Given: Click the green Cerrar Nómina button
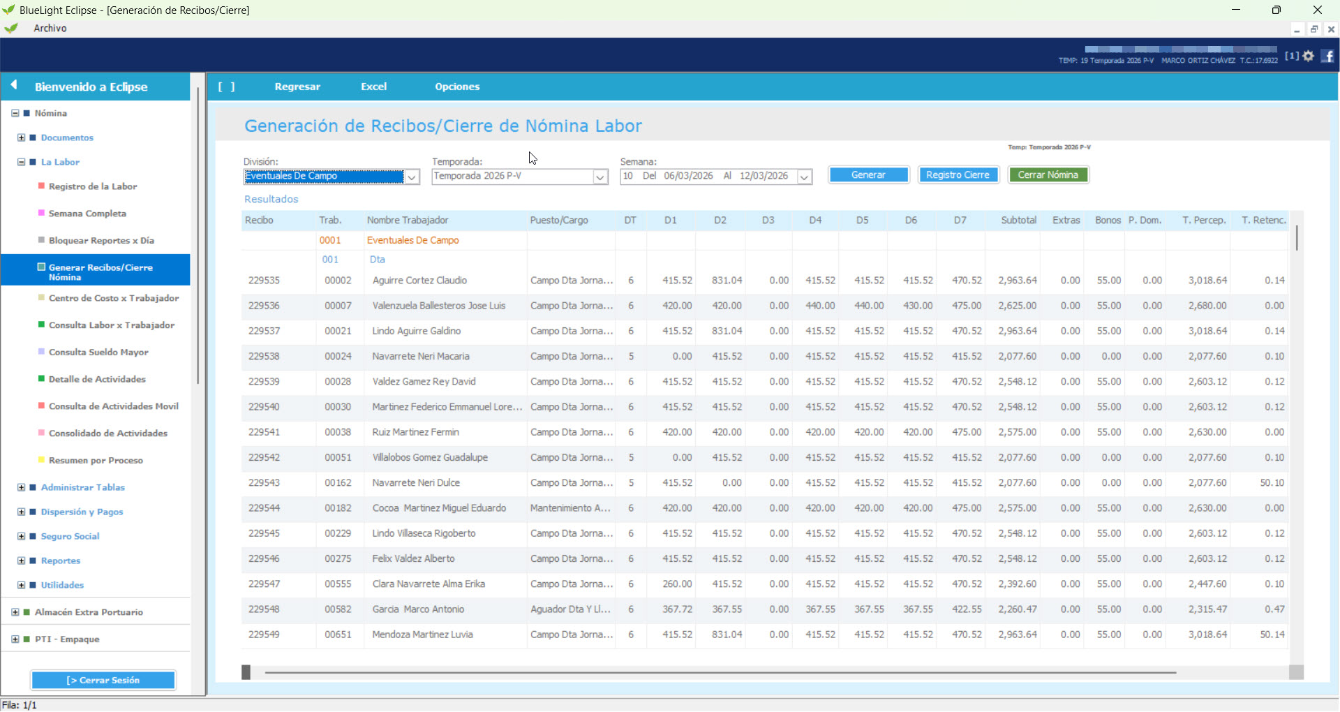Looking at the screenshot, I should (x=1048, y=175).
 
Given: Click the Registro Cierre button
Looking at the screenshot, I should (x=958, y=175).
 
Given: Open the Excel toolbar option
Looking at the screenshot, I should (x=373, y=87).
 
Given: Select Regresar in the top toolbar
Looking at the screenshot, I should (x=297, y=87).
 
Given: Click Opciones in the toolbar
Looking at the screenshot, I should (x=457, y=87).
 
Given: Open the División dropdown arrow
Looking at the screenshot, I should (x=412, y=177).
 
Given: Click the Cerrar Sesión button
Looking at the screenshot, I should (x=103, y=680).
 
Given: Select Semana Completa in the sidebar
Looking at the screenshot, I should (x=87, y=214).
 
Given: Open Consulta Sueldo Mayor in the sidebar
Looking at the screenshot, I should (x=98, y=353).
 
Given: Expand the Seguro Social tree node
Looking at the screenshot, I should (x=22, y=536).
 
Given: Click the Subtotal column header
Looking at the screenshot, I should (x=1018, y=221).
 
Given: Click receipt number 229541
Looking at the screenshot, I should (x=264, y=433).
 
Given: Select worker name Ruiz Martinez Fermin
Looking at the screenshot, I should (x=415, y=433).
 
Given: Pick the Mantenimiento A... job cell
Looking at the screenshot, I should (x=570, y=508).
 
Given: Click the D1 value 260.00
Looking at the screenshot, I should (x=677, y=584).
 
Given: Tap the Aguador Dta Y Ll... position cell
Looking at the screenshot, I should (x=570, y=609).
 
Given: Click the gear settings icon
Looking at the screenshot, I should (x=1308, y=56).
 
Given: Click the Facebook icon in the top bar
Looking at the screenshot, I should (x=1327, y=56).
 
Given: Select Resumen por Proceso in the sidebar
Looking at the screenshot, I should (x=96, y=461).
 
